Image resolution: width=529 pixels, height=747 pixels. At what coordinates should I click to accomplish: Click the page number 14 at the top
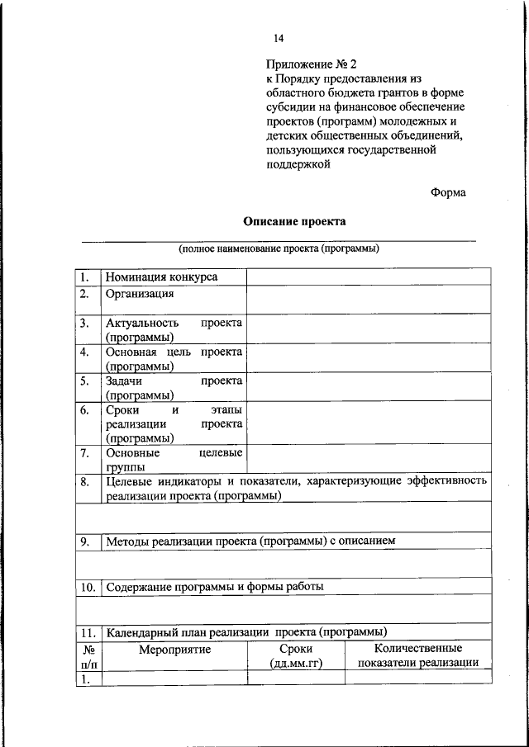[x=279, y=38]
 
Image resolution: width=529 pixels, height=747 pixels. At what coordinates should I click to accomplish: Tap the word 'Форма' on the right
[x=448, y=191]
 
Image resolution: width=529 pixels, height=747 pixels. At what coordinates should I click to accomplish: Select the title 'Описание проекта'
[x=294, y=221]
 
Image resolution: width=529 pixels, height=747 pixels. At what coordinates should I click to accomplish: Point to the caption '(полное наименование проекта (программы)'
[x=279, y=248]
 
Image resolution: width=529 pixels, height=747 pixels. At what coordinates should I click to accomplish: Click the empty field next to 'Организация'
[x=368, y=300]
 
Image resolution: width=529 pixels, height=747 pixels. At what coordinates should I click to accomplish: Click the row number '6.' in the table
[x=85, y=409]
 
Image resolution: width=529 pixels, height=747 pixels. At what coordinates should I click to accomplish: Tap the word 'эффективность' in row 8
[x=446, y=480]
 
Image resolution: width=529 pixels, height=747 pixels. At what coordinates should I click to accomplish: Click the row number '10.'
[x=88, y=587]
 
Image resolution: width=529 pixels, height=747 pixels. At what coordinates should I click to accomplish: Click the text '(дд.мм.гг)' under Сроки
[x=295, y=663]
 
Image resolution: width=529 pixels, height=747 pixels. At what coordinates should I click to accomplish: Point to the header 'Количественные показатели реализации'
[x=417, y=655]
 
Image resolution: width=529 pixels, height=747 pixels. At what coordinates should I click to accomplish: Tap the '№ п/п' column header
[x=88, y=656]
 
